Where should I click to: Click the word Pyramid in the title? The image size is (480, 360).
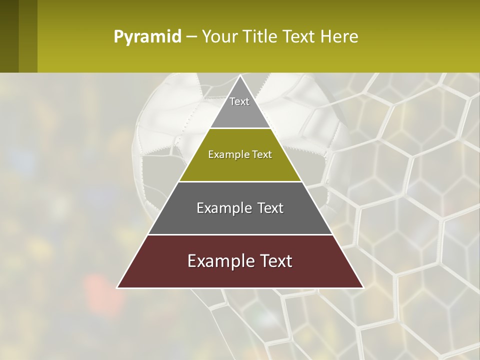click(147, 36)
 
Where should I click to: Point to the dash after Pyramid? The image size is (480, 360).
click(191, 37)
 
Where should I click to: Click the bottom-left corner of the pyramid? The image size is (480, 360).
click(118, 287)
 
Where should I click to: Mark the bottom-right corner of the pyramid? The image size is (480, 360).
click(362, 287)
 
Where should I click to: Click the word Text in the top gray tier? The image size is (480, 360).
click(239, 101)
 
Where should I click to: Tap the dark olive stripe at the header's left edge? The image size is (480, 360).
click(9, 36)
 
